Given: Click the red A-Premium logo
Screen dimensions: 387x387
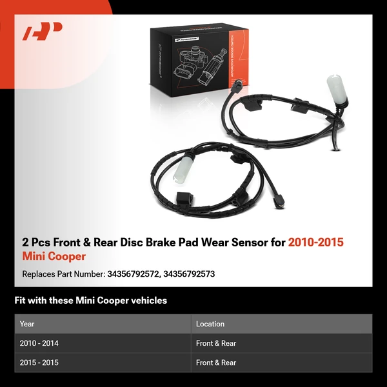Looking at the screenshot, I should tap(43, 32).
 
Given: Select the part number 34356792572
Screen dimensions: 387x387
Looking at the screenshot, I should tap(133, 274).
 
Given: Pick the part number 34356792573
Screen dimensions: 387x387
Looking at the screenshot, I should tap(189, 274).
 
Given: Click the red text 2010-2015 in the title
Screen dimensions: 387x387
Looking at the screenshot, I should tap(315, 243).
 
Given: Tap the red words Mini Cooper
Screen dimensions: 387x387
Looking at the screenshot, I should tap(54, 257).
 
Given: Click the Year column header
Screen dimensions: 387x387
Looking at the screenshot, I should tap(27, 324).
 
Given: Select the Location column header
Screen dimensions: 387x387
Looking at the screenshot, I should tap(210, 324).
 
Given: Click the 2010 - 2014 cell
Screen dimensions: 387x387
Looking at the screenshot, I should tap(39, 344).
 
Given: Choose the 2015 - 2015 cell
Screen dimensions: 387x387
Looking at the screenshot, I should tap(39, 362).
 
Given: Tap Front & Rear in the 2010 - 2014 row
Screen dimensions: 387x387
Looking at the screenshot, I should tap(216, 344).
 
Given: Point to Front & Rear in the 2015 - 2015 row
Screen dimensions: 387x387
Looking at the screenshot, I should tap(216, 362).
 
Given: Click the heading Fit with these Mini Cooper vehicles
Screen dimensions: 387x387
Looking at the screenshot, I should tap(90, 301).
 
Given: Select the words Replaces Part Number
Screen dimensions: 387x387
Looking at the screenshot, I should tap(62, 274).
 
